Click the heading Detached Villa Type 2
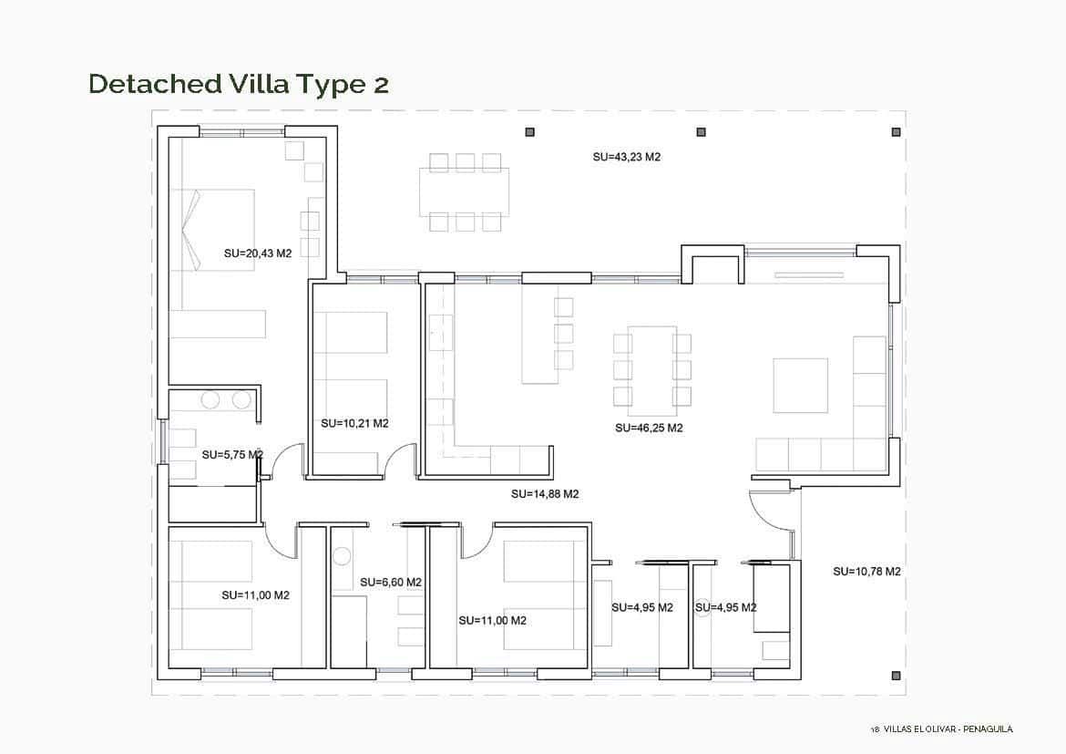coord(239,84)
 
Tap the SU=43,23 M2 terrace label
coord(626,157)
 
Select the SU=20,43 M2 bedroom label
coord(257,253)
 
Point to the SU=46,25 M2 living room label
coord(649,427)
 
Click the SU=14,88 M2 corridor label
coord(545,494)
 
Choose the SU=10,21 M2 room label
coord(354,423)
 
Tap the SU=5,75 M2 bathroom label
coord(231,454)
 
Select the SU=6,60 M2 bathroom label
coord(390,582)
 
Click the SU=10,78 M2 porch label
coord(866,572)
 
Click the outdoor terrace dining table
coord(465,191)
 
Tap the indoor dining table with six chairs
coord(651,369)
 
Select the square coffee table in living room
coord(800,385)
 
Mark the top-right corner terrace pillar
coord(897,132)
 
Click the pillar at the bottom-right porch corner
coord(897,676)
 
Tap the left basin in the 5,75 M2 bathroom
coord(210,399)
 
